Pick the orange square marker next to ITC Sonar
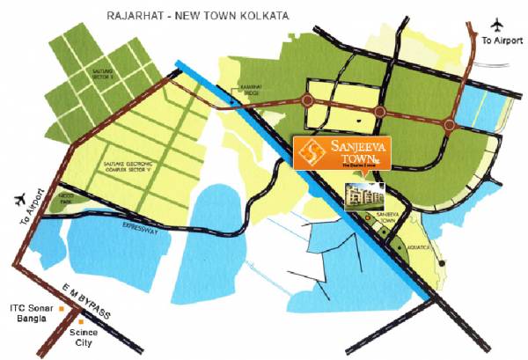[x=60, y=309]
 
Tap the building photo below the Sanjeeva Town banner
[x=362, y=196]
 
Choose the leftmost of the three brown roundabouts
[x=307, y=101]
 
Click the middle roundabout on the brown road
[x=380, y=112]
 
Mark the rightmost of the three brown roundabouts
[x=450, y=125]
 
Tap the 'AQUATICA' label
[x=417, y=249]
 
